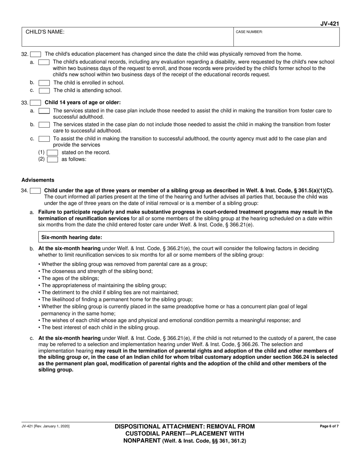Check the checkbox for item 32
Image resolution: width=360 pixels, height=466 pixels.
36,54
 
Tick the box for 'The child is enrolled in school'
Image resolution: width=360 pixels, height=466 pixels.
44,83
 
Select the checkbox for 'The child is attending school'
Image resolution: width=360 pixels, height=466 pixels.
44,91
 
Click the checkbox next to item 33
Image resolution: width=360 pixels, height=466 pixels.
36,103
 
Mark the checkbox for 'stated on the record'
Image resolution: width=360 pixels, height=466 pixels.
52,153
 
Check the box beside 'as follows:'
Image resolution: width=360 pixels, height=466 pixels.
52,160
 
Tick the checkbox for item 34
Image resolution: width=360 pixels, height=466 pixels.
36,191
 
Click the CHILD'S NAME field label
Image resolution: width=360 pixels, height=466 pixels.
45,32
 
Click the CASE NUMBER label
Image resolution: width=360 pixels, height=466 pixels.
249,32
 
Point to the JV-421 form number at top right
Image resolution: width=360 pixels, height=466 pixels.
329,24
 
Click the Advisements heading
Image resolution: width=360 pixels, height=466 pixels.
38,180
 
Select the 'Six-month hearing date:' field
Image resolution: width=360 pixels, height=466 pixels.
186,237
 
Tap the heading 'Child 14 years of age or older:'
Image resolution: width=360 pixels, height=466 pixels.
83,103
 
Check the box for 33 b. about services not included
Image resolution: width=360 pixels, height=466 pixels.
44,125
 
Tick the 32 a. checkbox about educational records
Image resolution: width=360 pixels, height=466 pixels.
44,62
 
